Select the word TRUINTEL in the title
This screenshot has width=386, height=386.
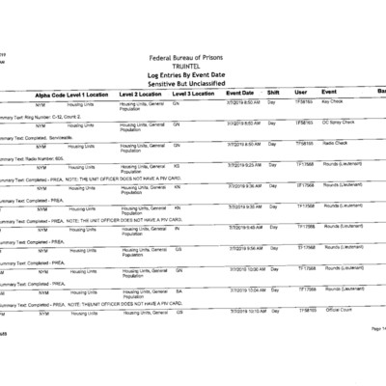[x=193, y=69]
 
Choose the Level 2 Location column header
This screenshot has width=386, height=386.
[x=145, y=94]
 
